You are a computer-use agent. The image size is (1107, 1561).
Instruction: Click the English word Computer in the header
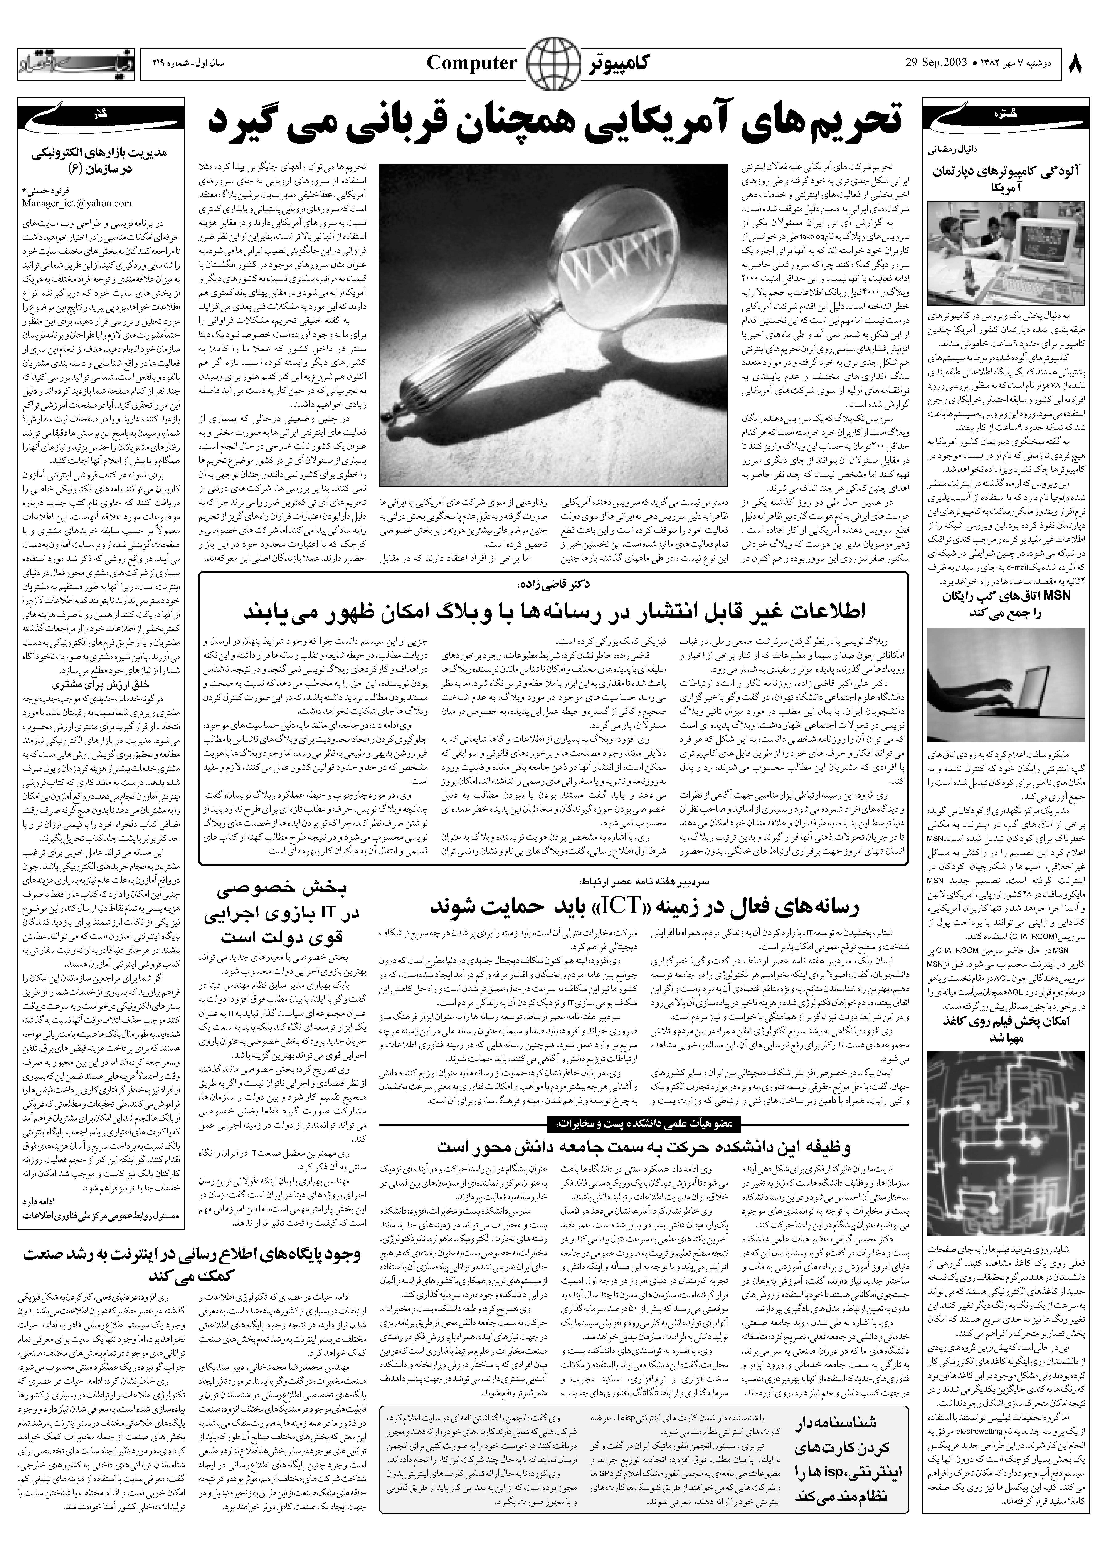(x=472, y=63)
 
